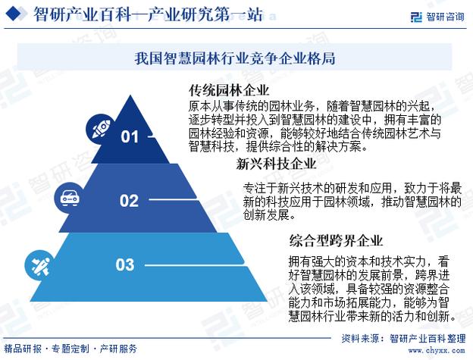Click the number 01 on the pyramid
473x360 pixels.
pyautogui.click(x=130, y=137)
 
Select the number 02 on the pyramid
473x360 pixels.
pyautogui.click(x=130, y=201)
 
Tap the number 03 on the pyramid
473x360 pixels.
pyautogui.click(x=125, y=265)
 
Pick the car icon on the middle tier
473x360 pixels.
pyautogui.click(x=67, y=199)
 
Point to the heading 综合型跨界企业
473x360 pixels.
pyautogui.click(x=336, y=242)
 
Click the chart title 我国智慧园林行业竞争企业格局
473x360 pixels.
pyautogui.click(x=235, y=58)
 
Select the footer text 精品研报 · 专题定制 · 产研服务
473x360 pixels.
pyautogui.click(x=76, y=349)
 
